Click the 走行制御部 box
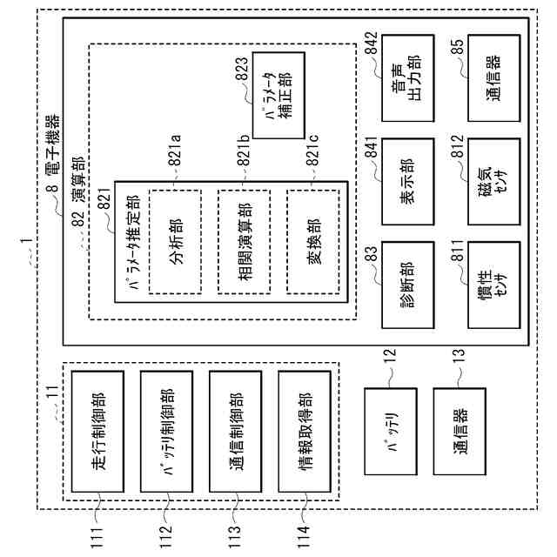pos(97,431)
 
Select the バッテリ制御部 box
pos(166,431)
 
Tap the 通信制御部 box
pos(235,431)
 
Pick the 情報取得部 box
pos(304,431)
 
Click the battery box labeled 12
pos(391,431)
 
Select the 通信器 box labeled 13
pos(460,431)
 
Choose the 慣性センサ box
pos(493,285)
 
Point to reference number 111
pos(97,534)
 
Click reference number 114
pos(304,534)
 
